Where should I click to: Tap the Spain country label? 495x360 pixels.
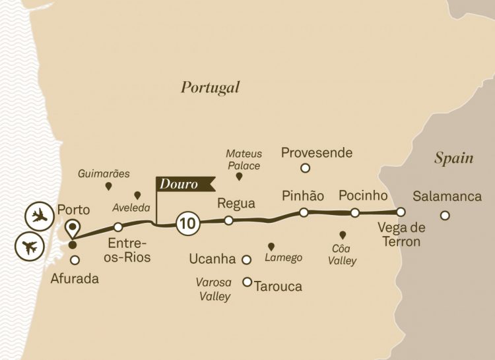tap(454, 158)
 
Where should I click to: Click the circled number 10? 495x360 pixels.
tap(187, 224)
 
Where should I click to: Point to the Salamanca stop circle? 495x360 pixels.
tap(445, 215)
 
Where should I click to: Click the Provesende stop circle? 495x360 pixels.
tap(305, 168)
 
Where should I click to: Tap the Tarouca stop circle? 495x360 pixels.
tap(247, 282)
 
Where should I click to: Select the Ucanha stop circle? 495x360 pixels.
tap(247, 259)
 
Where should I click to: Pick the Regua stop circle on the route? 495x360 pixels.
tap(228, 220)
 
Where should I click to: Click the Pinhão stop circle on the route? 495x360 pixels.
tap(304, 212)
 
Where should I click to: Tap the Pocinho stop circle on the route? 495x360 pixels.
tap(355, 212)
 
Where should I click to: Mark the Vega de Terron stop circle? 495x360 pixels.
tap(400, 212)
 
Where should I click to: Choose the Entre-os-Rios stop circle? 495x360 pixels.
tap(119, 227)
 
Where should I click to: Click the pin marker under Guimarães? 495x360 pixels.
tap(108, 187)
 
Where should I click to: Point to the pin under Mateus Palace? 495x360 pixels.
tap(239, 177)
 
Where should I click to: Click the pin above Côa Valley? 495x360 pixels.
tap(342, 235)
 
